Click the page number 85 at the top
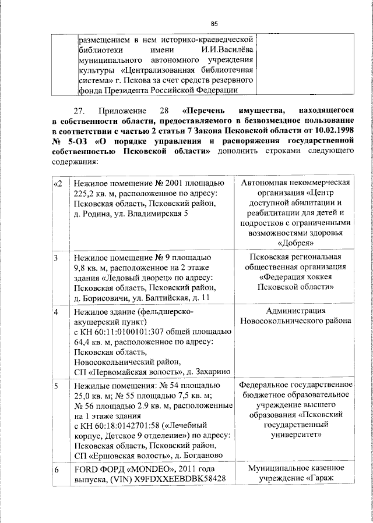[x=214, y=24]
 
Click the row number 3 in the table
[x=56, y=257]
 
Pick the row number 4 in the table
[x=56, y=311]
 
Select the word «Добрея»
[x=296, y=243]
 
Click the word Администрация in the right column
[x=296, y=311]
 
